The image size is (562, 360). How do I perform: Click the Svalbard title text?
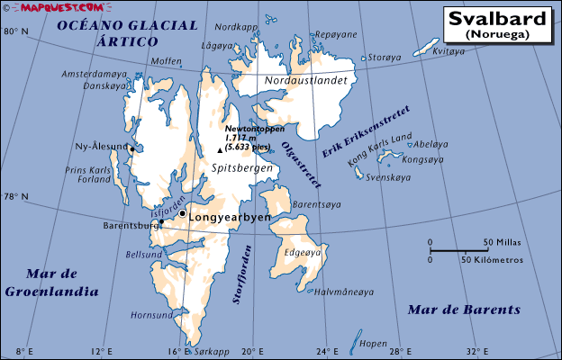click(x=496, y=18)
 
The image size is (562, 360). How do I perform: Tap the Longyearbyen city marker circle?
click(x=182, y=214)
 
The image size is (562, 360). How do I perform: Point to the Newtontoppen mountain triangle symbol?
click(x=220, y=150)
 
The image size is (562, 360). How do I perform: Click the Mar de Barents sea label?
click(x=463, y=310)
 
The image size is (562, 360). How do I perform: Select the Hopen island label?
click(x=372, y=344)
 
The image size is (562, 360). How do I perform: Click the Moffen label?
click(x=167, y=61)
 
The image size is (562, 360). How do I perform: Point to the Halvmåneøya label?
click(x=342, y=292)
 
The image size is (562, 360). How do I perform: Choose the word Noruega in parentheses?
click(x=497, y=34)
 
